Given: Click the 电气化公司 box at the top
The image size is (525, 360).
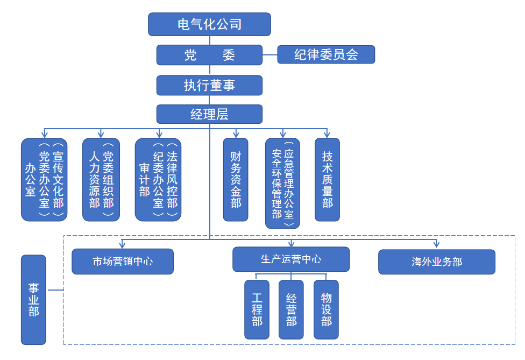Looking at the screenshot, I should pos(209,24).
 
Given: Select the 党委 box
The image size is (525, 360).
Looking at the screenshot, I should pos(209,55).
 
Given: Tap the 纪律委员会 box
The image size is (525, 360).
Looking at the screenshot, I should pos(326,55).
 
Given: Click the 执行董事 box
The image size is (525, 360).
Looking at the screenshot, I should pos(209,85).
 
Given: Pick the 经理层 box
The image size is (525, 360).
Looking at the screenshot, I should pos(209,114).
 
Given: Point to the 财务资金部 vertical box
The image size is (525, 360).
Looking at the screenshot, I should pos(236,180).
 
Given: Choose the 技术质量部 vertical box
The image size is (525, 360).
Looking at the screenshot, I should pos(327,180).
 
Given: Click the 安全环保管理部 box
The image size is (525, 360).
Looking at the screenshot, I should pos(282,183).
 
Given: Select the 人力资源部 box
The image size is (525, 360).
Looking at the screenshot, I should pos(101,180).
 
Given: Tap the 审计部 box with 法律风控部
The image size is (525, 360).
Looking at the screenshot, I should pos(158,180).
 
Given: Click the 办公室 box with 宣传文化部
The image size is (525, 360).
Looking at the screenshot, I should pos(44,180).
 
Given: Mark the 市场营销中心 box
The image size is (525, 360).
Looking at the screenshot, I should pos(123,262).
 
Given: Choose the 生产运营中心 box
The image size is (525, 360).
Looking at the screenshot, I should pos(291,259).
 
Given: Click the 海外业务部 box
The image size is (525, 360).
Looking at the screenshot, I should pos(437,262).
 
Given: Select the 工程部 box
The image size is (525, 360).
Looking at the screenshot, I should pos(257,309).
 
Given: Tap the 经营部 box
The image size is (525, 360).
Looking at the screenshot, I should pos(291,309).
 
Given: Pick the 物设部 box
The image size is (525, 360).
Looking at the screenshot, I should pos(326,309).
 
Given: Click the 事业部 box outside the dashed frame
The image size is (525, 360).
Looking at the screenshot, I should pos(33,300).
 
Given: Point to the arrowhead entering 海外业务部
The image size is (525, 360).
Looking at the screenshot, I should pos(437,245).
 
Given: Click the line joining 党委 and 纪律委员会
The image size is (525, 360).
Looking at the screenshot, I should pos(270,55).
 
